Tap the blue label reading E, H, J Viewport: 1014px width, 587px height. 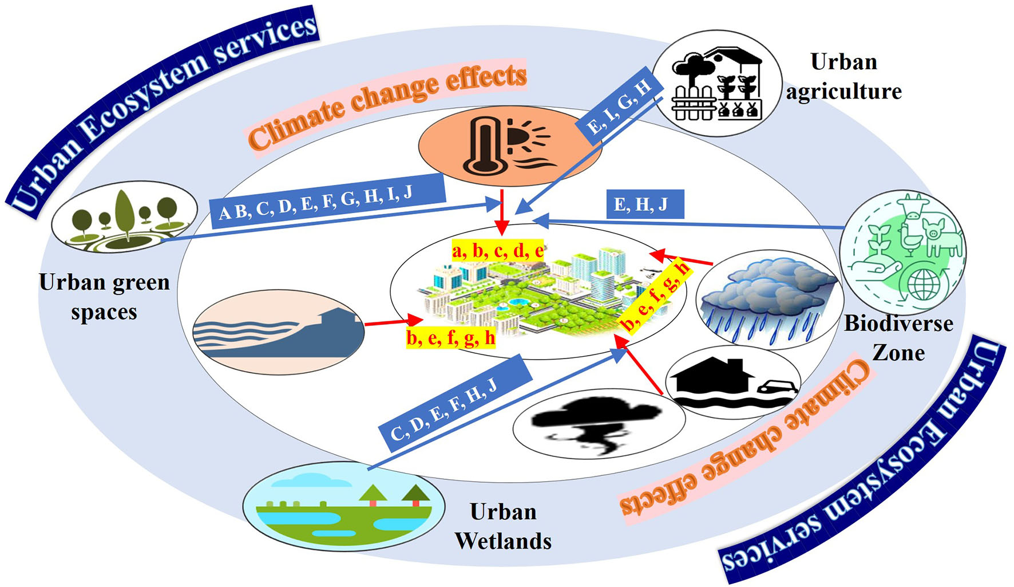tap(645, 204)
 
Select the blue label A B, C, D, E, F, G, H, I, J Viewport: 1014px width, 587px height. tap(327, 202)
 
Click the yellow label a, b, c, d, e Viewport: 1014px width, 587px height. tap(497, 250)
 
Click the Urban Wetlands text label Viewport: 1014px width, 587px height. tap(503, 526)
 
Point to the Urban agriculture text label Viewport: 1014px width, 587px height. tap(843, 77)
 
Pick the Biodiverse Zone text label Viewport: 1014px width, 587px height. tap(898, 338)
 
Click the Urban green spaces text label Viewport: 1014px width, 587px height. tap(104, 297)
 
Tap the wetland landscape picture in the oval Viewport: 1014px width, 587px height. tap(344, 506)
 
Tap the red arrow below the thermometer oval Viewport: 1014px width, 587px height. tap(502, 212)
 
